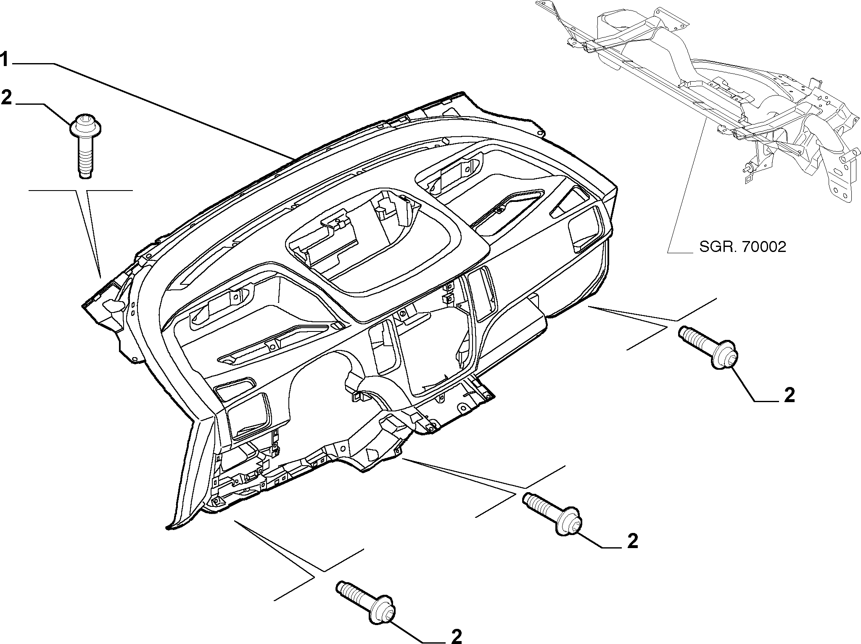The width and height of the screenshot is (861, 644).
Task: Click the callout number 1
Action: tap(4, 60)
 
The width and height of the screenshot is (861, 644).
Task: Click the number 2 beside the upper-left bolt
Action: tap(7, 97)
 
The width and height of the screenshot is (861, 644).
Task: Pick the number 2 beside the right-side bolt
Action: tap(789, 395)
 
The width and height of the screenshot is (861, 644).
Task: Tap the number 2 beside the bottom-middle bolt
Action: tap(632, 541)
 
